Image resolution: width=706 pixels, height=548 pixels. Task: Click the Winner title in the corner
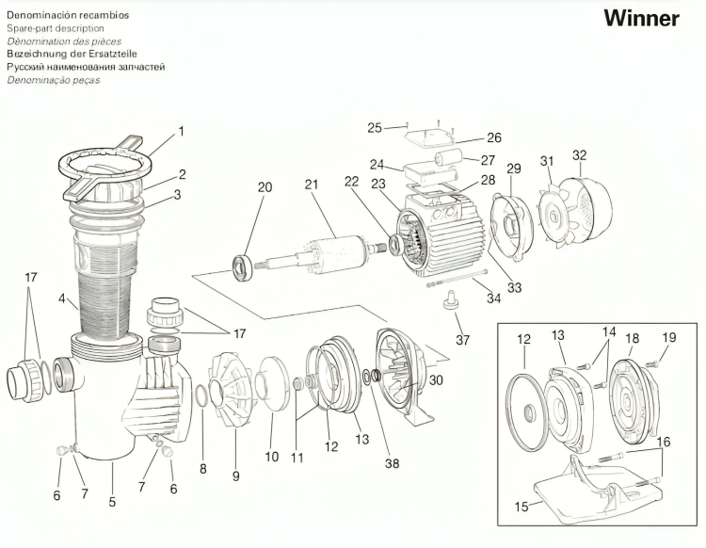click(641, 19)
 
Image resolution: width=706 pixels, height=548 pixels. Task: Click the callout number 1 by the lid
click(181, 131)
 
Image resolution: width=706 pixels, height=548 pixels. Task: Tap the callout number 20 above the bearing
click(265, 187)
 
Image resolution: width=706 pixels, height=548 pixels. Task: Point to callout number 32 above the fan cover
click(580, 155)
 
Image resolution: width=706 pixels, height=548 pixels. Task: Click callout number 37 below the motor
click(462, 339)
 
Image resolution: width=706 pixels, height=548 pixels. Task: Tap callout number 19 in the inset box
click(669, 336)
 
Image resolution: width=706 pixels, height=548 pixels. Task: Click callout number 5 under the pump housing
click(112, 502)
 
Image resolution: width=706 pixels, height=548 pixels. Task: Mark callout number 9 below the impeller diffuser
click(236, 475)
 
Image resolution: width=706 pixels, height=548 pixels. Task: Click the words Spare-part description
click(56, 29)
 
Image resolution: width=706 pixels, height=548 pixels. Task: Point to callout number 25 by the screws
click(374, 127)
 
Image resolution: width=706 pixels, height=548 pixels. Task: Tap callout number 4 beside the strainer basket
click(61, 301)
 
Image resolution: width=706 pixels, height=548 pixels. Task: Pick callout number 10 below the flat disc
click(271, 457)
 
